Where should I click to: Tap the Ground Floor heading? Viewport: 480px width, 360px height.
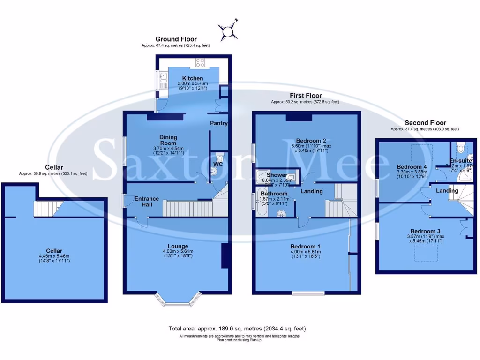point(176,39)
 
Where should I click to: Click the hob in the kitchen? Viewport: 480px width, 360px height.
point(200,63)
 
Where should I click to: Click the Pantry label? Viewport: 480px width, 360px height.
point(219,123)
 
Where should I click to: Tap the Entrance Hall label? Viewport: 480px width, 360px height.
point(147,199)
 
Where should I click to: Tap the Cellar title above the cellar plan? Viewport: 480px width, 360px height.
point(54,167)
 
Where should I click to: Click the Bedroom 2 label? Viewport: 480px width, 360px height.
point(311,141)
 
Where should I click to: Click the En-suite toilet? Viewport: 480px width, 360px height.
point(459,149)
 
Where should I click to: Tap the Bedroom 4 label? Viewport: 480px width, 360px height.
point(412,167)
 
